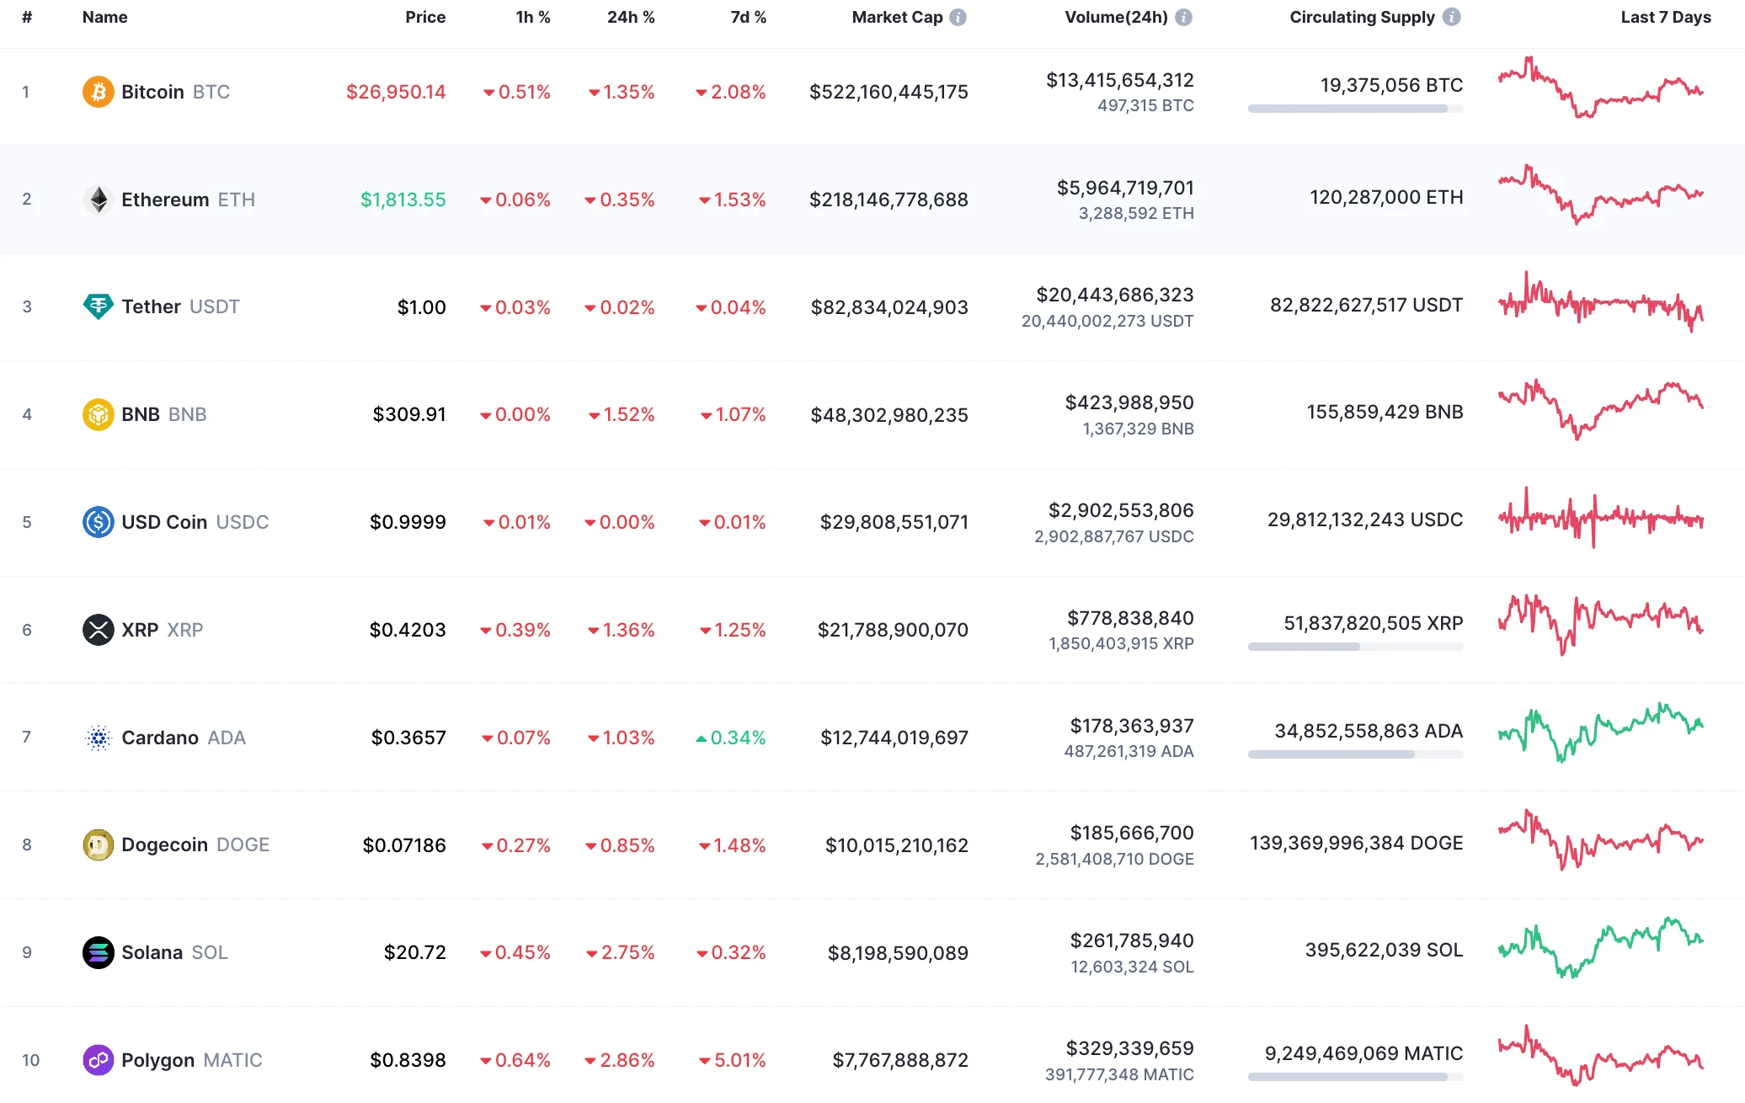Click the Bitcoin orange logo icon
pos(99,92)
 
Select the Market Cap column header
pos(897,17)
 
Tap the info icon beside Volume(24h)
pos(1183,17)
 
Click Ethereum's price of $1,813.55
pos(403,200)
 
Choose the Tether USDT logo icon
pos(99,306)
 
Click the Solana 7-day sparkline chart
pos(1600,949)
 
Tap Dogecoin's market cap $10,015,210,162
pos(896,845)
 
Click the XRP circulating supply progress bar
pos(1355,647)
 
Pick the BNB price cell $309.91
pos(409,414)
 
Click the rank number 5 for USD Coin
pos(27,522)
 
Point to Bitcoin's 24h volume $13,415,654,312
pos(1119,80)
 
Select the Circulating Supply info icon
pos(1451,17)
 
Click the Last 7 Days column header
pos(1665,17)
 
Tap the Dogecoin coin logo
pos(99,845)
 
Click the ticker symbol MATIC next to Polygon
pos(232,1060)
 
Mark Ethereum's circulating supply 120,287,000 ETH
pos(1386,197)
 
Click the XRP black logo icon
pos(99,630)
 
